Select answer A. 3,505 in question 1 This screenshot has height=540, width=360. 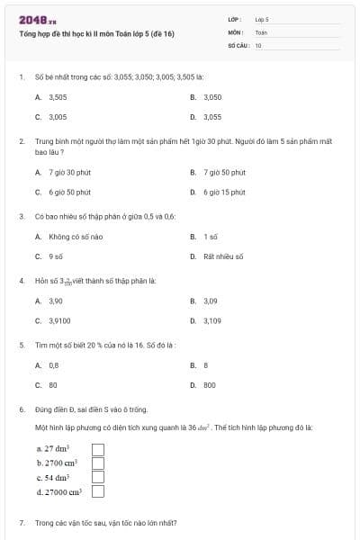[51, 96]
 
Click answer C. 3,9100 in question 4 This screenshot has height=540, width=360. [53, 320]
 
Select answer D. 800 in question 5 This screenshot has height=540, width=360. [209, 385]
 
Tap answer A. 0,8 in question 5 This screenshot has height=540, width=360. [49, 365]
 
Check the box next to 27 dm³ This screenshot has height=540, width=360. [99, 448]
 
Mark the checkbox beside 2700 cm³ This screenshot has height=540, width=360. [99, 463]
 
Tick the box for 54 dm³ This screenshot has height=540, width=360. [99, 477]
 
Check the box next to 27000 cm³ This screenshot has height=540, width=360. [99, 491]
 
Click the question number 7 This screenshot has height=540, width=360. [22, 522]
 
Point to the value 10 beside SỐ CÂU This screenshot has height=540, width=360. [258, 44]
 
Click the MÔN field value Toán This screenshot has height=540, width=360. [261, 31]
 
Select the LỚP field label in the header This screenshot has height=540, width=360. [236, 18]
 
